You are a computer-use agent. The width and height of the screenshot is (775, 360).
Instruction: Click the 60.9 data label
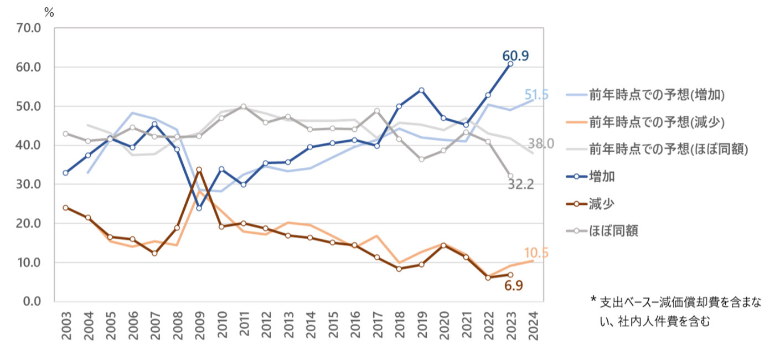click(x=515, y=55)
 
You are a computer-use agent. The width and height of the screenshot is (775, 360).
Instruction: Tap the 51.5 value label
click(x=536, y=95)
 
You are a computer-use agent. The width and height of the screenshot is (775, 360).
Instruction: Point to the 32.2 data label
click(x=521, y=184)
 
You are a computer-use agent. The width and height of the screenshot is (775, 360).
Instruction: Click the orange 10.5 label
click(x=535, y=253)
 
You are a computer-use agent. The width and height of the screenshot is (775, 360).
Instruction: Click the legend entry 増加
click(x=601, y=177)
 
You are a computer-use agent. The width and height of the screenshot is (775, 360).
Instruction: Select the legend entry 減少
click(x=601, y=204)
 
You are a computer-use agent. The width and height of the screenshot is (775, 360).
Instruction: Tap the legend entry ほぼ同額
click(x=613, y=231)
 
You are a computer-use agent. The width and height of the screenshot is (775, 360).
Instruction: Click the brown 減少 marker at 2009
click(x=199, y=169)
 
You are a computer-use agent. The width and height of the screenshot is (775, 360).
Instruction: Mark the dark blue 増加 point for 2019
click(x=421, y=90)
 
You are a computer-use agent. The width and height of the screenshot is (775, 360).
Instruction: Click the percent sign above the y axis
click(x=49, y=13)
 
